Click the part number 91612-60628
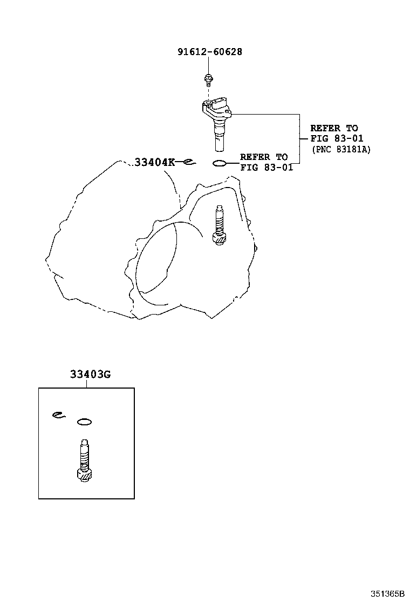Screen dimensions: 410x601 click(210, 52)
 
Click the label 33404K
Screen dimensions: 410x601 click(154, 162)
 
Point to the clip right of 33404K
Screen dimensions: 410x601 click(189, 163)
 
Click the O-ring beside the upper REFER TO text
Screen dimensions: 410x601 click(219, 164)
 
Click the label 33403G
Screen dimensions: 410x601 click(90, 374)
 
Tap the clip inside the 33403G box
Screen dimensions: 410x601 click(58, 415)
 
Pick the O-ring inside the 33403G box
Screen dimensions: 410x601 click(84, 422)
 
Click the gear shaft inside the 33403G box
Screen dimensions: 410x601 click(84, 459)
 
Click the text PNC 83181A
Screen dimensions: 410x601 click(341, 150)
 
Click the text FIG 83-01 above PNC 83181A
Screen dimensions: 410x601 click(337, 138)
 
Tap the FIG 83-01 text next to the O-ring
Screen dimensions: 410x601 click(266, 168)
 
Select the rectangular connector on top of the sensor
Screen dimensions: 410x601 click(220, 104)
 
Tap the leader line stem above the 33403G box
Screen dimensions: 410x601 click(86, 383)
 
